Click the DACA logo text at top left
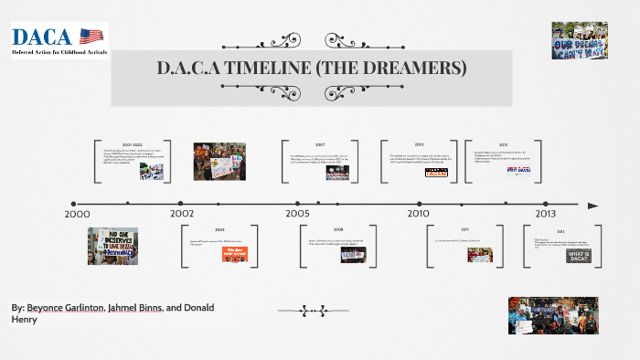tap(44, 37)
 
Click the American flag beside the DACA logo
tap(91, 36)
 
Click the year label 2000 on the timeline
tap(77, 213)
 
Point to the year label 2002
tap(182, 213)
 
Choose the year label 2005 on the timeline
tap(296, 213)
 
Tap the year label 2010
tap(418, 213)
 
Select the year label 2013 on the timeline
tap(545, 213)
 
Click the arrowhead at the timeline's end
tap(593, 205)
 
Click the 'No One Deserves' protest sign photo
tap(113, 246)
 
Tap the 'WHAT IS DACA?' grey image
tap(576, 257)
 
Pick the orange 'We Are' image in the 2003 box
tap(234, 254)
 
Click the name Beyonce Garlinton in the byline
tap(65, 308)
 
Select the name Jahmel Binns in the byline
tap(134, 308)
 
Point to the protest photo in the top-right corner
tap(580, 40)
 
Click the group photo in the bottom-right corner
tap(547, 315)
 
